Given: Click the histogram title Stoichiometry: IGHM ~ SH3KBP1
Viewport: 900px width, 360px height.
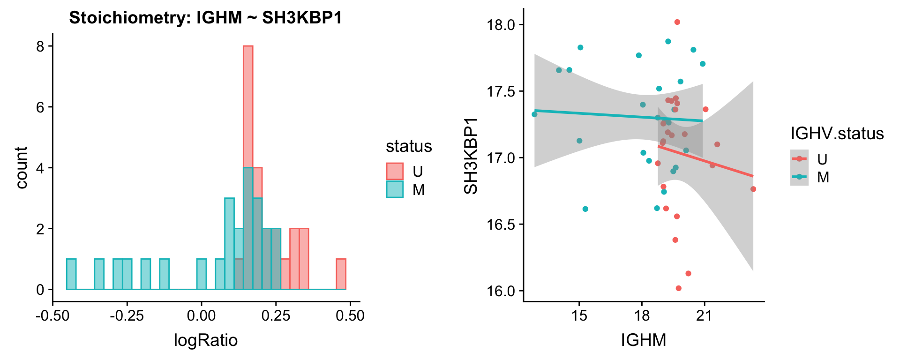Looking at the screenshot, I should click(205, 18).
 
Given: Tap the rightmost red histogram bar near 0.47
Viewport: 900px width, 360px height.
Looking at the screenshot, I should click(341, 274).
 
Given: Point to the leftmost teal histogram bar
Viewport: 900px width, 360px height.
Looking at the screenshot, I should click(71, 274).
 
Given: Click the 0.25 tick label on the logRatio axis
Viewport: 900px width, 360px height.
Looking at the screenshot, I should click(276, 315).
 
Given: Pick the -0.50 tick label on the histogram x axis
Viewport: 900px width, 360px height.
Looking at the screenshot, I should click(52, 315).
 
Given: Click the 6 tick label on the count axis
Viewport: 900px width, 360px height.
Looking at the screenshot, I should click(40, 107).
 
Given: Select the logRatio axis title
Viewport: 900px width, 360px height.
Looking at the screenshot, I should click(206, 340).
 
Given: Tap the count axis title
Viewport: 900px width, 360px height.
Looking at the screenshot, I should click(22, 168).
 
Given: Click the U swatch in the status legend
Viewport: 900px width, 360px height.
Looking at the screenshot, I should click(395, 172).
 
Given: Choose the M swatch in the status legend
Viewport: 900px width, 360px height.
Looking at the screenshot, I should click(395, 189).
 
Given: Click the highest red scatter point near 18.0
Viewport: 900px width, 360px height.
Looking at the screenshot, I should click(677, 22).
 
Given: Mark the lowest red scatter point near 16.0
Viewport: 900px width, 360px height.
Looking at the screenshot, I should click(678, 288).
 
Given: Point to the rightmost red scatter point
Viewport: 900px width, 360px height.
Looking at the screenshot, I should click(753, 189).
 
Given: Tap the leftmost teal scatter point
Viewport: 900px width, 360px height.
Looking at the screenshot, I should click(534, 114).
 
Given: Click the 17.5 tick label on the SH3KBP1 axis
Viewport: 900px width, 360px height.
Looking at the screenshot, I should click(501, 91).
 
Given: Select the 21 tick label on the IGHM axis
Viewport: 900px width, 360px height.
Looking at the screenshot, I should click(704, 315).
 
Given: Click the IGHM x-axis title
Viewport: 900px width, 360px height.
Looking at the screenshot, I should click(643, 340).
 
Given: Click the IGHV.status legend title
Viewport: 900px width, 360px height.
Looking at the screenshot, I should click(837, 134).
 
